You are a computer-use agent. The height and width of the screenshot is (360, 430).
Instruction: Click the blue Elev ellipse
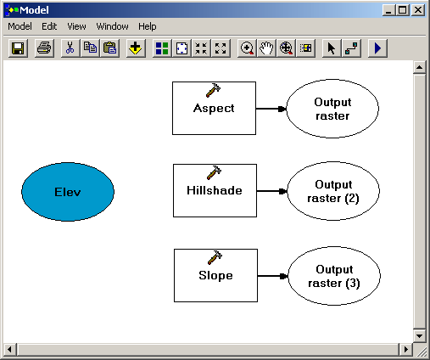68,192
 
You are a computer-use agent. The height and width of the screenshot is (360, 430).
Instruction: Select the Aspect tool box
214,108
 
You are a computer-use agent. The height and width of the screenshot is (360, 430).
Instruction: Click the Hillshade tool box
215,190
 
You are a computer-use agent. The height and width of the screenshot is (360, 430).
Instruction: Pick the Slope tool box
215,275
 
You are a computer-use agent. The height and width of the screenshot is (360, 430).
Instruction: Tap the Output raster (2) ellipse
333,191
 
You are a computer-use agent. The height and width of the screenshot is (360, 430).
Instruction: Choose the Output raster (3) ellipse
334,276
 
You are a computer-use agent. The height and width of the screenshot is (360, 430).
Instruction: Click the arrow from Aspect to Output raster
271,109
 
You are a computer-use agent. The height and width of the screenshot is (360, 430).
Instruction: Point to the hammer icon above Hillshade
214,172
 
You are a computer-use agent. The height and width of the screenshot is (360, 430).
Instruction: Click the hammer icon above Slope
215,257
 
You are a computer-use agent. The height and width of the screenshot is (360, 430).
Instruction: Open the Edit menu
49,26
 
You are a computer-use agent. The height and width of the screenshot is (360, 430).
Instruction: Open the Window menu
112,26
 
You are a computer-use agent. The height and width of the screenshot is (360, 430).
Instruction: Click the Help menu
147,26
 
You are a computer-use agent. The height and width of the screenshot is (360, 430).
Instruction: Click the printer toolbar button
44,48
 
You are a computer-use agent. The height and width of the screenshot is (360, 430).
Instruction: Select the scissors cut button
70,48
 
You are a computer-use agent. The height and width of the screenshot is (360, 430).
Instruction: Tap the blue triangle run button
377,48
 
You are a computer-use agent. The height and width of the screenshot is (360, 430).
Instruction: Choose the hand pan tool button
266,48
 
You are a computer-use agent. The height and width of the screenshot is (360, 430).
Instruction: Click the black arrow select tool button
332,48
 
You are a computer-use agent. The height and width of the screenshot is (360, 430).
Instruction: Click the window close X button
418,10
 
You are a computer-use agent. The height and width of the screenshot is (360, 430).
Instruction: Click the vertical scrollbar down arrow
419,336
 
